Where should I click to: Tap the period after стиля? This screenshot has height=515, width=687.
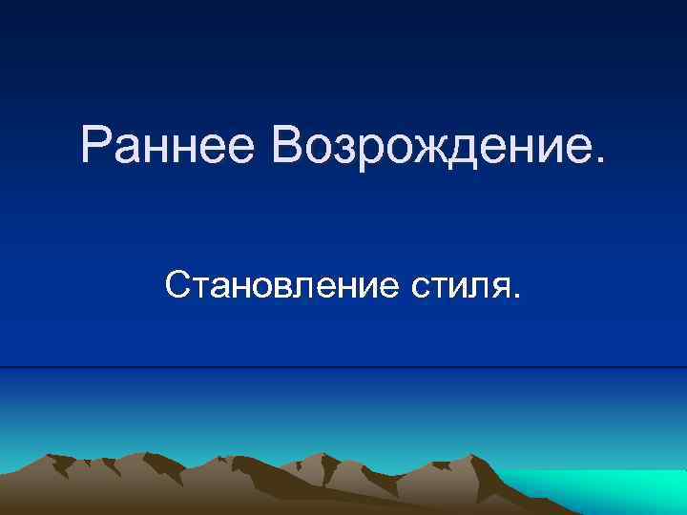coord(517,295)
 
